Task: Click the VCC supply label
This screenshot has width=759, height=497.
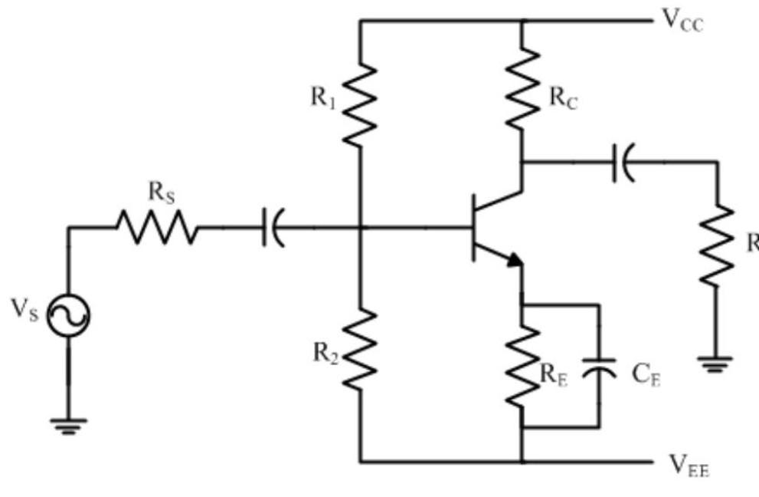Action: point(682,21)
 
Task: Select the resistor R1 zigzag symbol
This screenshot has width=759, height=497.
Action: point(360,104)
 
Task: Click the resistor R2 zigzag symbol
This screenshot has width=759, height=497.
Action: point(360,350)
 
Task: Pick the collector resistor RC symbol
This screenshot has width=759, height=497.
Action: point(522,89)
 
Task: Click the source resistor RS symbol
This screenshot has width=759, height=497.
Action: point(156,228)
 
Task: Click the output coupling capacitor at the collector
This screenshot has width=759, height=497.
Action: point(623,163)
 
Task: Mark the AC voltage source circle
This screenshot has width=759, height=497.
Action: point(68,315)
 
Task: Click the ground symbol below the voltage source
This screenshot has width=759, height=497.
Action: point(68,425)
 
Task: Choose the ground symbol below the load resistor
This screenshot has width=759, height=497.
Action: point(715,364)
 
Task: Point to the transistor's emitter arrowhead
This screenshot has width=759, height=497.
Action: point(514,261)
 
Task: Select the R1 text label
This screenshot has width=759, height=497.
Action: point(322,97)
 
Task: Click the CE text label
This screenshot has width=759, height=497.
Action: point(646,374)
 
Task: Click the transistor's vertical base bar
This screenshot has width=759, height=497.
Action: point(475,228)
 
